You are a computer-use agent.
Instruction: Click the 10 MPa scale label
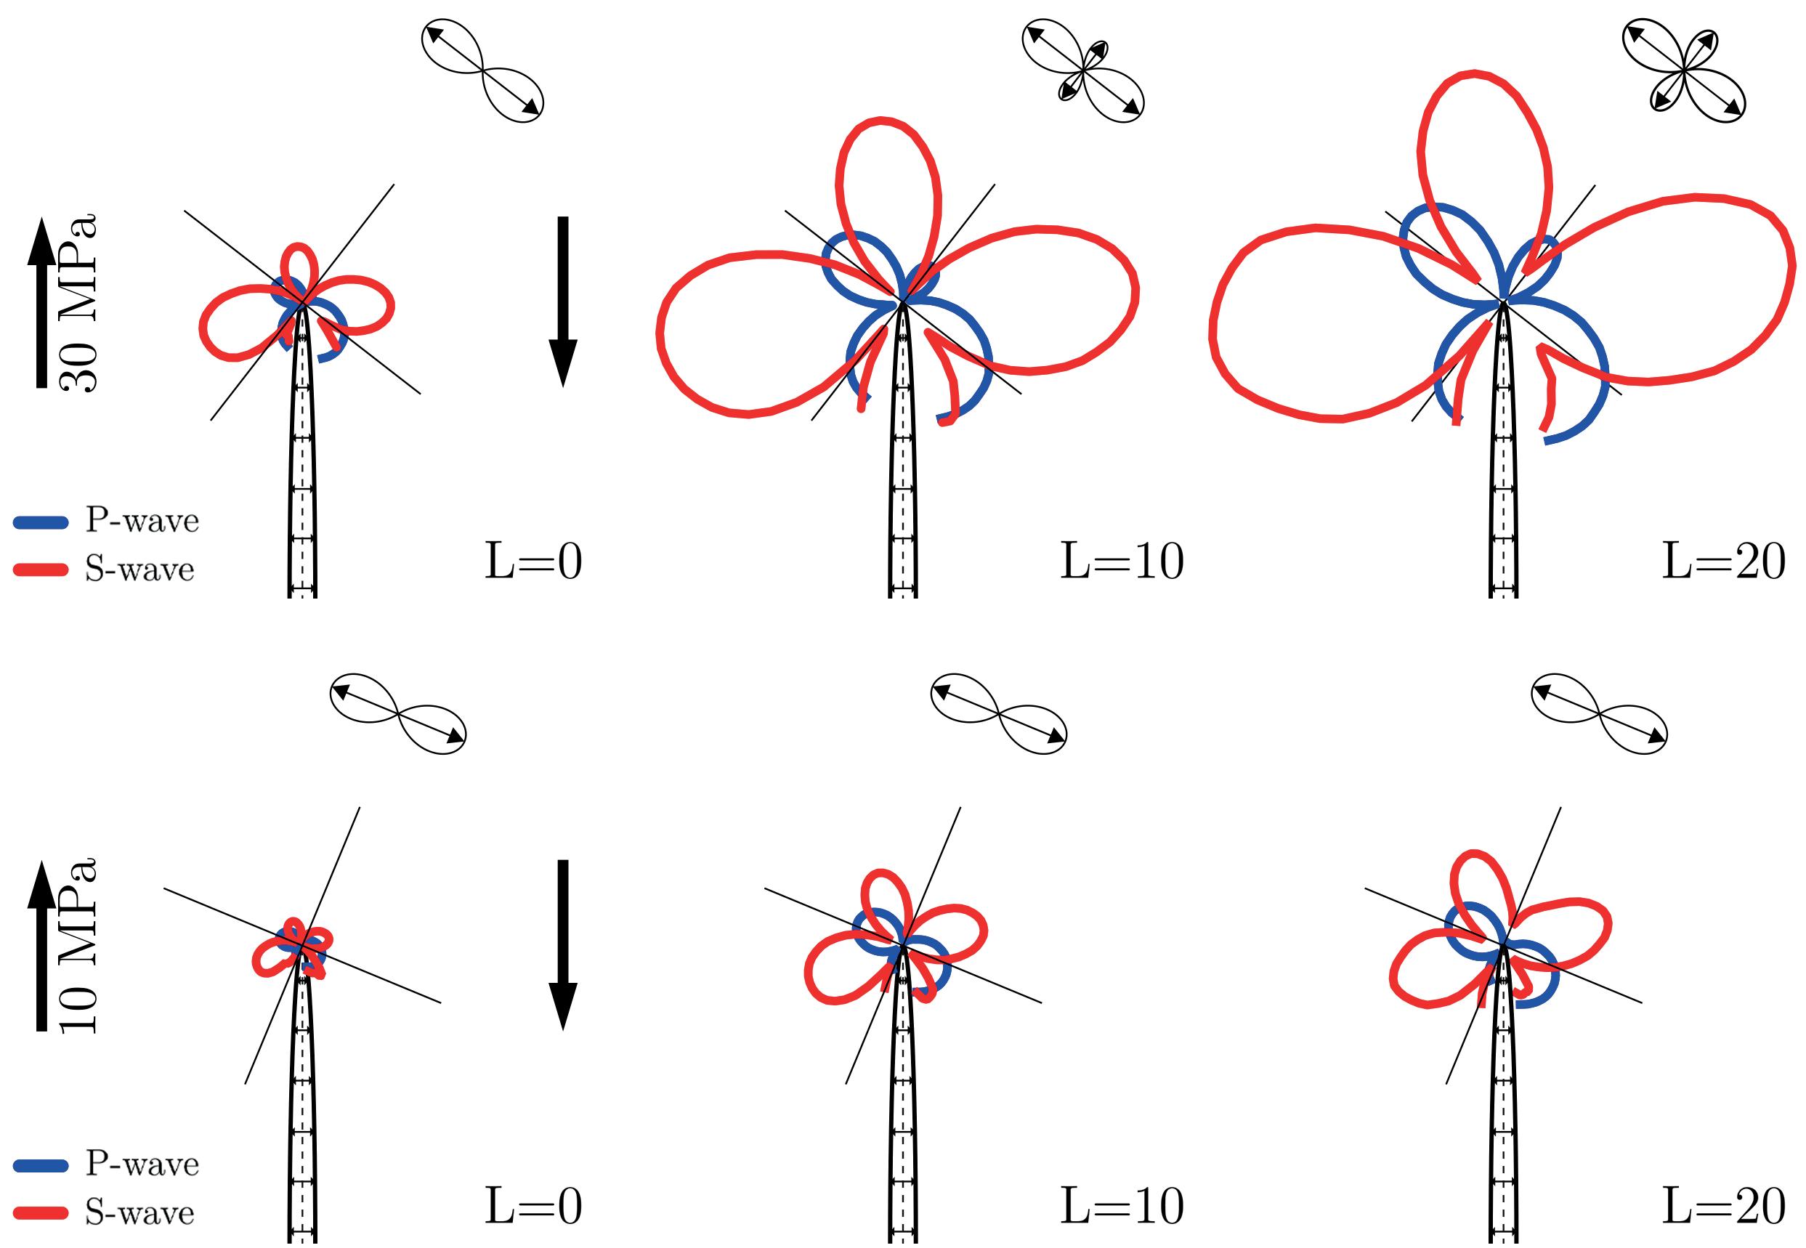[80, 945]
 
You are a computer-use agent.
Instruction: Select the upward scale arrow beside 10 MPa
[42, 945]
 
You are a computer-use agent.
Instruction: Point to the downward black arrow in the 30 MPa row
[562, 301]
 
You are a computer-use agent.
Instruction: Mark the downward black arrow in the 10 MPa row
[562, 944]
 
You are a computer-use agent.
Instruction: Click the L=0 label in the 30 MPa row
[533, 562]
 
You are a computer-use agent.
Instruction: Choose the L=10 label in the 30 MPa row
[1121, 562]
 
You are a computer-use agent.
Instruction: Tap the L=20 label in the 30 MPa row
[1723, 562]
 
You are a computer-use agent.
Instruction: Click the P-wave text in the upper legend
[142, 522]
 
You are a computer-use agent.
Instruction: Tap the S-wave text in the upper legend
[140, 570]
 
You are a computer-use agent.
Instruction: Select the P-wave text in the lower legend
[142, 1165]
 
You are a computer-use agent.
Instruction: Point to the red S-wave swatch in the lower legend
[41, 1213]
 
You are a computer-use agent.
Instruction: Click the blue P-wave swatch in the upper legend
[41, 522]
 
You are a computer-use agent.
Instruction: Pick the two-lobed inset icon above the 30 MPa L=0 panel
[482, 70]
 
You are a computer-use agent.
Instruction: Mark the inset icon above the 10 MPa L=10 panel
[998, 713]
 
